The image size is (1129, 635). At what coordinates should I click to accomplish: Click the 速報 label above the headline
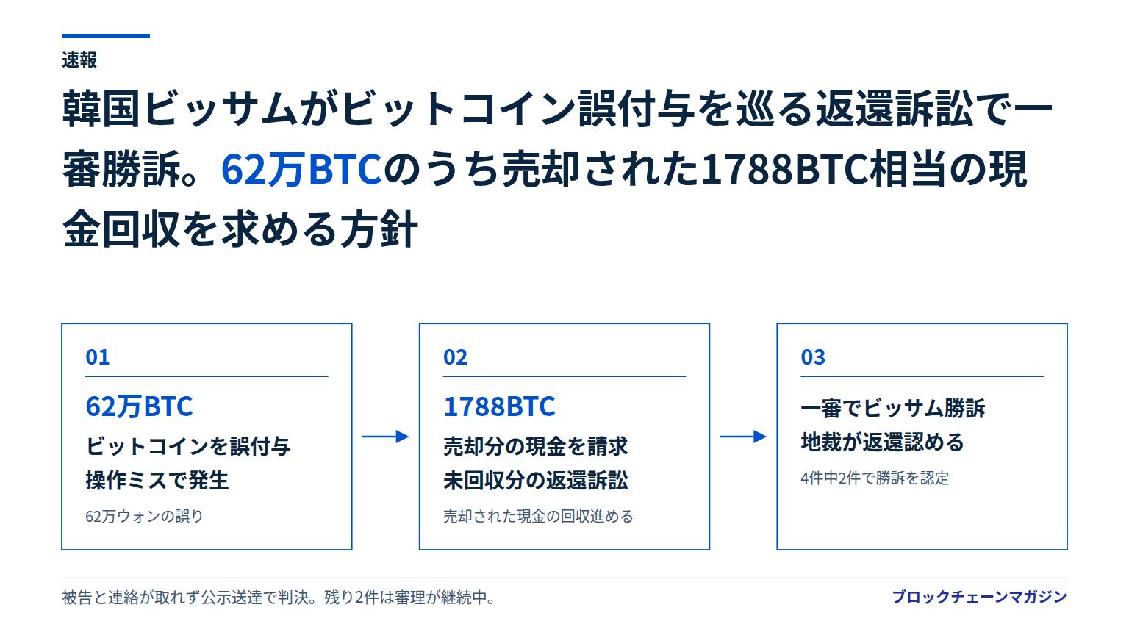coord(79,60)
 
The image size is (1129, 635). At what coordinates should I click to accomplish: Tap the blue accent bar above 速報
coord(106,36)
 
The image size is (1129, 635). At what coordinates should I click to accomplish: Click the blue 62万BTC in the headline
coord(301,169)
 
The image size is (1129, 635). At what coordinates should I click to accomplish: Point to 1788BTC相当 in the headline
coord(823,169)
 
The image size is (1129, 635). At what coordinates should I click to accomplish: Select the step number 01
coord(97,357)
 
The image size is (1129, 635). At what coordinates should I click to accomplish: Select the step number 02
coord(455,357)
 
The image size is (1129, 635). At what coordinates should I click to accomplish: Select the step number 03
coord(813,357)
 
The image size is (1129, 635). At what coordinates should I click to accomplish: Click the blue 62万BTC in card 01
coord(139,406)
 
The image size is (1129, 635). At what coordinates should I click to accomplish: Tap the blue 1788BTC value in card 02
coord(499,406)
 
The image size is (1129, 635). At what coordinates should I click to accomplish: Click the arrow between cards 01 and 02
coord(386,437)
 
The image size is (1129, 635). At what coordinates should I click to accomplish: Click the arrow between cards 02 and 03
coord(743,437)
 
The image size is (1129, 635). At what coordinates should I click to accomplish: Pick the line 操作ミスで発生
coord(157,480)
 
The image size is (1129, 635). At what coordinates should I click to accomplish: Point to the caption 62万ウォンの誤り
coord(144,516)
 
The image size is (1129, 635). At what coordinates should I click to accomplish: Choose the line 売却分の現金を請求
coord(536,447)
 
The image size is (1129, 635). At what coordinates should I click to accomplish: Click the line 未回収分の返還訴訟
coord(536,480)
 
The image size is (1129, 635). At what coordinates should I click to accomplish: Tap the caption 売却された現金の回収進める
coord(538,516)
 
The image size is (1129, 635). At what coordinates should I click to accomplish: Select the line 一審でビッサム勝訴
coord(893,408)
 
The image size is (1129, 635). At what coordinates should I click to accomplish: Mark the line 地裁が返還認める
coord(883,442)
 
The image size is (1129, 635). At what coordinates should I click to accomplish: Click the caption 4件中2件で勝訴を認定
coord(875,478)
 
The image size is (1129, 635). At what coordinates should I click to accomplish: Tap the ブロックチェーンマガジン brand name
coord(979,598)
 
